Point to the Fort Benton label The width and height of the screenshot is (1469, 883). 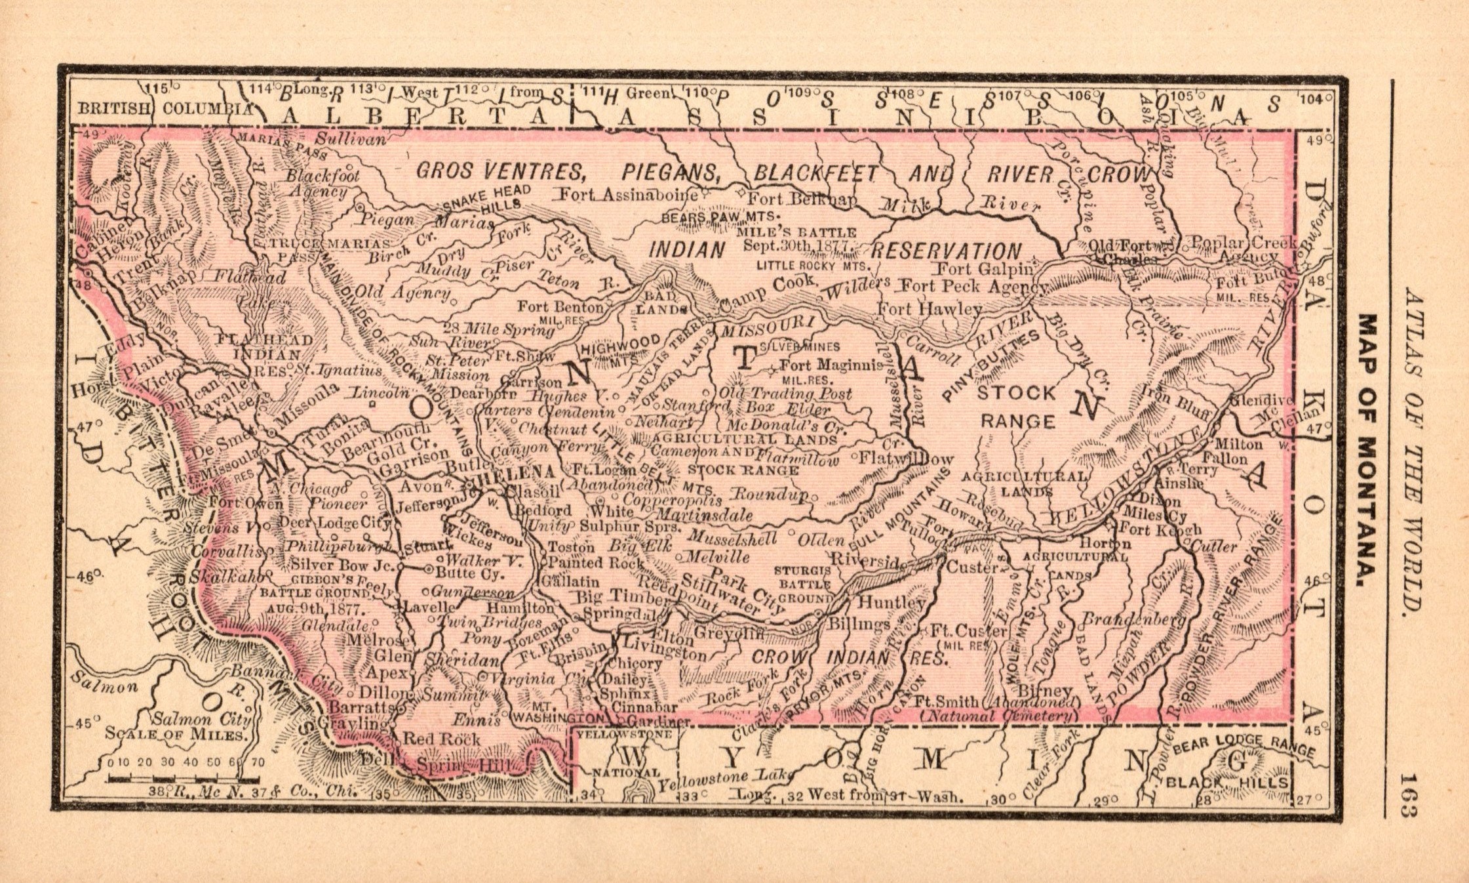560,306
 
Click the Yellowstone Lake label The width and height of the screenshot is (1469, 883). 722,779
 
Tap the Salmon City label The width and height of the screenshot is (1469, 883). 189,718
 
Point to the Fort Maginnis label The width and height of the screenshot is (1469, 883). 831,366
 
